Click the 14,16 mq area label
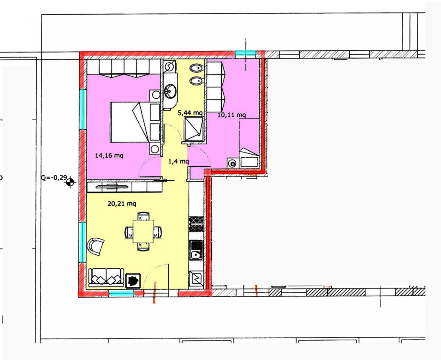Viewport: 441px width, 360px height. click(x=109, y=155)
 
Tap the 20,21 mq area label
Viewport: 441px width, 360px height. click(x=122, y=203)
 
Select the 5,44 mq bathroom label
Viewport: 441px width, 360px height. click(x=190, y=113)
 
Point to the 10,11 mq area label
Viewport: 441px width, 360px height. click(x=232, y=115)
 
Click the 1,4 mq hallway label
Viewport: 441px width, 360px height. click(x=178, y=161)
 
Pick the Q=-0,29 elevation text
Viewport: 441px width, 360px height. click(x=54, y=177)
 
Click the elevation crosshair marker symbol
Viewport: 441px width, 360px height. click(x=70, y=182)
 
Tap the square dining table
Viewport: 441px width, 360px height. click(x=143, y=231)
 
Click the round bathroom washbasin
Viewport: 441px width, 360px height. click(x=171, y=90)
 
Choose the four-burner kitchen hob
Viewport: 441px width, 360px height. click(x=196, y=224)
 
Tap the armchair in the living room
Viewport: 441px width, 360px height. click(x=95, y=246)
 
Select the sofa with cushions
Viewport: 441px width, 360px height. click(x=106, y=278)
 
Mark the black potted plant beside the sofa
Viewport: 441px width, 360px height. click(x=133, y=280)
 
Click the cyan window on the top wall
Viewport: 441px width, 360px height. click(x=245, y=53)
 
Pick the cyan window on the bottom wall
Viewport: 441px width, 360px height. click(x=121, y=294)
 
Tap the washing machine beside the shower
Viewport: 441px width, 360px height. click(x=232, y=163)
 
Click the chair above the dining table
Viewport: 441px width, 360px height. click(x=143, y=216)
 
